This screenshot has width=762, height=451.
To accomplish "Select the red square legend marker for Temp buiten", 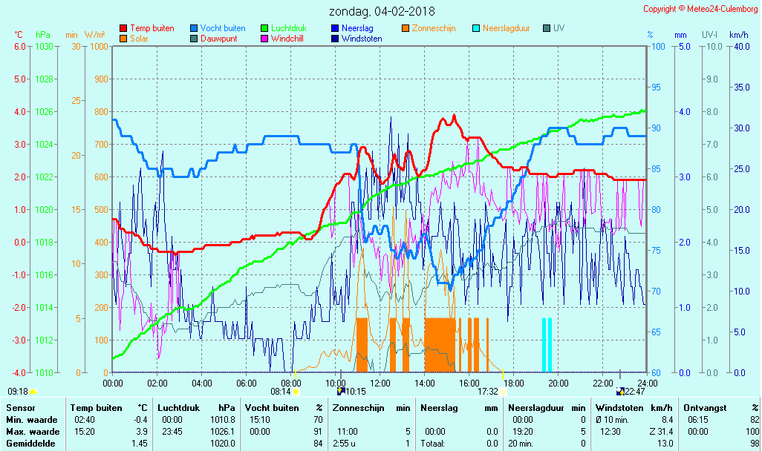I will coord(123,28).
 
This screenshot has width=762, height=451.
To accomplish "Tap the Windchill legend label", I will coord(286,39).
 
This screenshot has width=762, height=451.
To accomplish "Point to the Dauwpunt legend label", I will coord(219,39).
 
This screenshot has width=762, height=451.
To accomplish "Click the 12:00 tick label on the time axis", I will coord(380,383).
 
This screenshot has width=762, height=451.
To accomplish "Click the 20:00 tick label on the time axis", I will coord(559,383).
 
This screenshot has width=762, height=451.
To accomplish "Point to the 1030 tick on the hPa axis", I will coord(44,46).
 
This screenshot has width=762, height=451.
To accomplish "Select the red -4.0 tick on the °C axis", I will coord(19,372).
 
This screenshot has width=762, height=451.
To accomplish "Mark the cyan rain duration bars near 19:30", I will coord(547,344).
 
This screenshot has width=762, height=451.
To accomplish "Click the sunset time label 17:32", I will coord(487,392).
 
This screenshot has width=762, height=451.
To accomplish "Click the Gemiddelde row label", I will coord(32,444).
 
